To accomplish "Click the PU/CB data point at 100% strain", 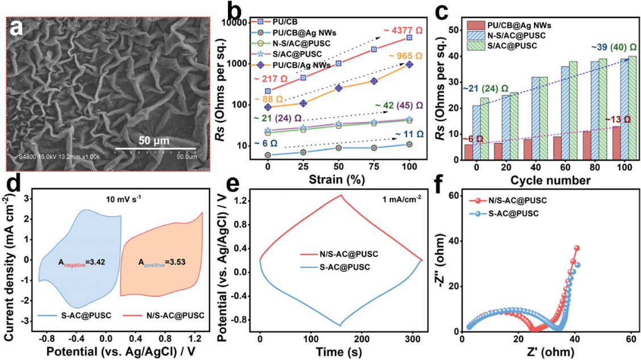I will [409, 37].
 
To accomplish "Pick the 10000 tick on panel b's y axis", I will [243, 23].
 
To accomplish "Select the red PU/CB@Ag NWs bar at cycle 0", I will [468, 152].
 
